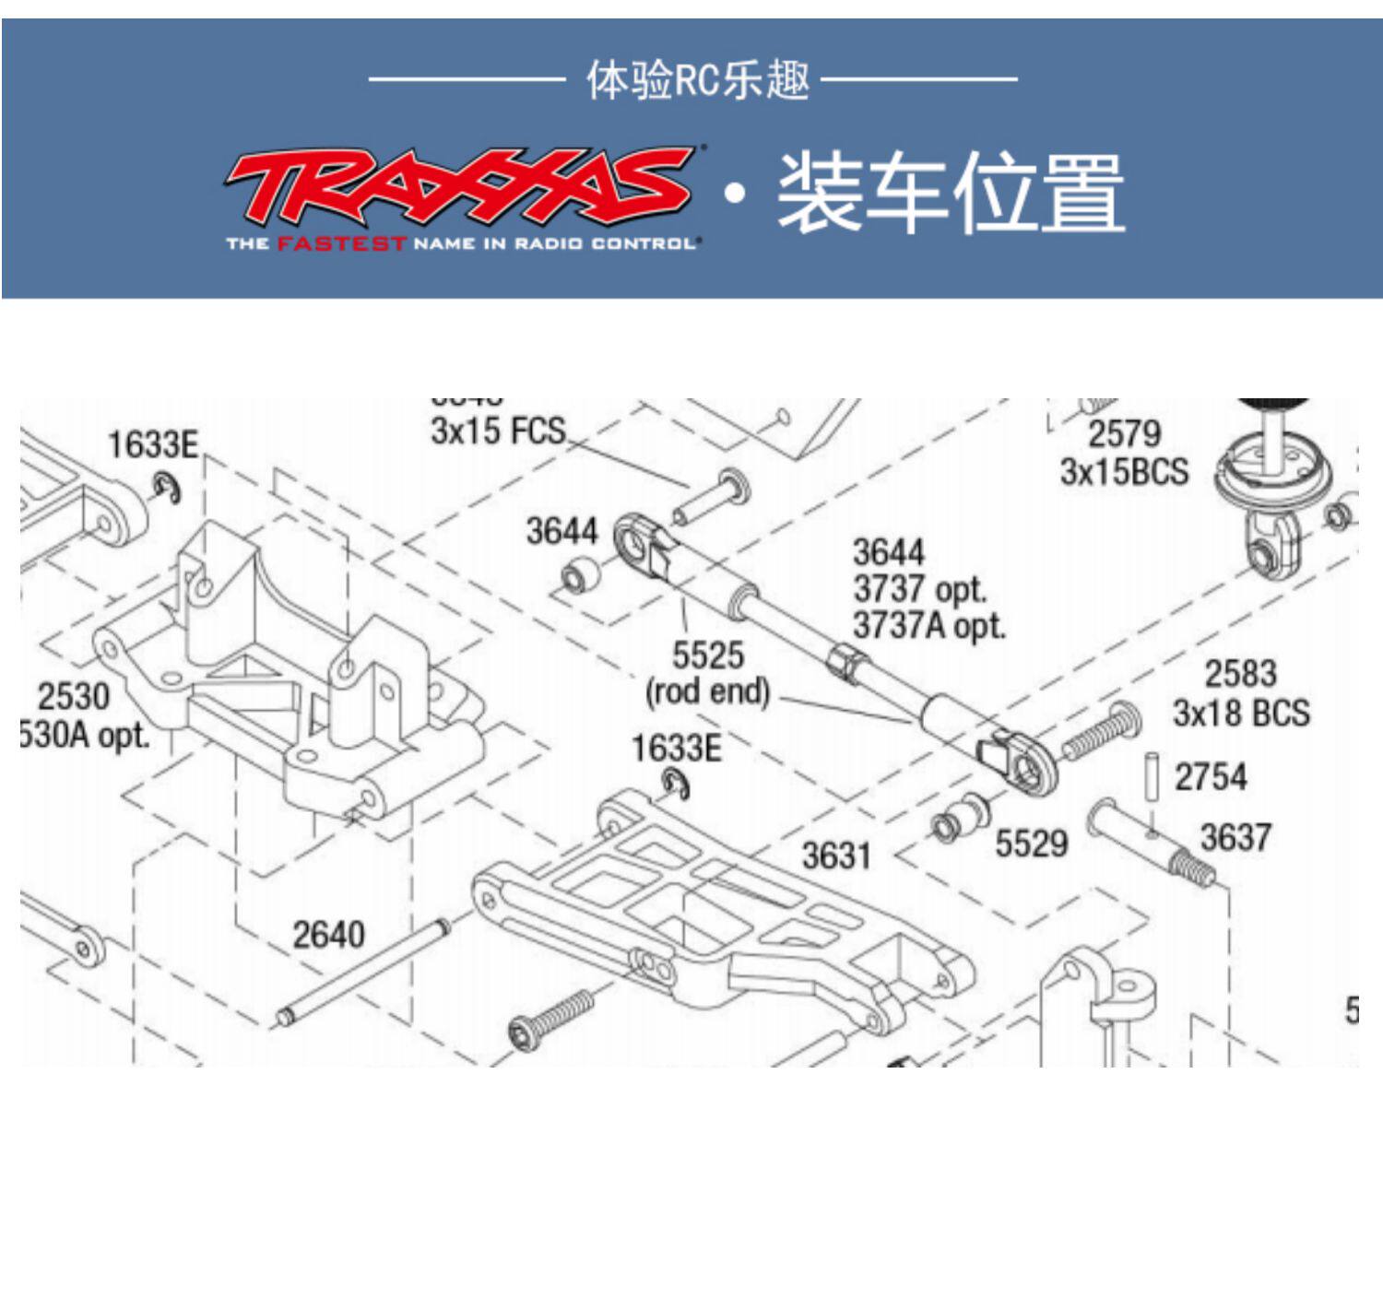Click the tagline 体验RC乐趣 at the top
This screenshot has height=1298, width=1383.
point(698,80)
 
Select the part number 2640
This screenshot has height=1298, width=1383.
point(328,935)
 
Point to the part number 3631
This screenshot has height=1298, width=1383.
point(835,855)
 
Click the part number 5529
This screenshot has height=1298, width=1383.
point(1031,843)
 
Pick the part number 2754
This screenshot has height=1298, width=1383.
point(1210,777)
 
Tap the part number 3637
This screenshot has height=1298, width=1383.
point(1235,838)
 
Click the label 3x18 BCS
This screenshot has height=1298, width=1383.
point(1241,713)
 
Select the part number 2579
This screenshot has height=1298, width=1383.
point(1124,433)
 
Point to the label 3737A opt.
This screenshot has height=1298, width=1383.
point(928,626)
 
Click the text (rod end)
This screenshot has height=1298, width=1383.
point(707,691)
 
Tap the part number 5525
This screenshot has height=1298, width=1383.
point(707,655)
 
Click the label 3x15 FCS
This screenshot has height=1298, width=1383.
point(498,431)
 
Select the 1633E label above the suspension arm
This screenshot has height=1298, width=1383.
point(675,749)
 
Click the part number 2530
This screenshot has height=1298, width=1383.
point(74,696)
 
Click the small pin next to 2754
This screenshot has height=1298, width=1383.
point(1151,777)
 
